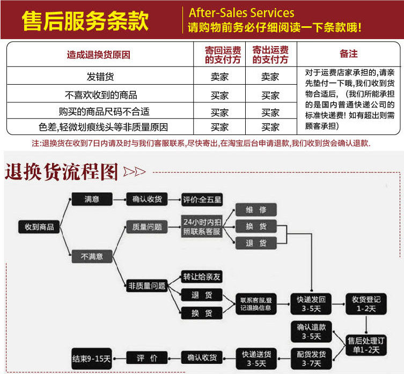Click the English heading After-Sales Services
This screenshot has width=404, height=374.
pyautogui.click(x=241, y=12)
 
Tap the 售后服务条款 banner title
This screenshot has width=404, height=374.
pyautogui.click(x=85, y=20)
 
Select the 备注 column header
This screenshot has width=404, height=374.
pyautogui.click(x=348, y=54)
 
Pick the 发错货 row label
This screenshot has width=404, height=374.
pyautogui.click(x=100, y=77)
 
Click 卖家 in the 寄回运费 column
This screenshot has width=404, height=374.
pyautogui.click(x=219, y=77)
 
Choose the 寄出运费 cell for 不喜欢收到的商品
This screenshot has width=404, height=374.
pyautogui.click(x=270, y=95)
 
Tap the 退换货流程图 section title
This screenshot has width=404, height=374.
pyautogui.click(x=61, y=171)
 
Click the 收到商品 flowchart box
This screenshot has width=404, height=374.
pyautogui.click(x=39, y=227)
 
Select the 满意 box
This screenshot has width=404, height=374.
pyautogui.click(x=92, y=199)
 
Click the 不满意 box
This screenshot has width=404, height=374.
pyautogui.click(x=92, y=257)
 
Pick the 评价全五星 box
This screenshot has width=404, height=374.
pyautogui.click(x=202, y=200)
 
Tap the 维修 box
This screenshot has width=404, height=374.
pyautogui.click(x=256, y=210)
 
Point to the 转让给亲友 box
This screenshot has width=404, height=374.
pyautogui.click(x=202, y=278)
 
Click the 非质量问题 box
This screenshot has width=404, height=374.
pyautogui.click(x=146, y=286)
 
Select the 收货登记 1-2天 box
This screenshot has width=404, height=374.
pyautogui.click(x=366, y=303)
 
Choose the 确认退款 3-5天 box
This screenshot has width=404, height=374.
pyautogui.click(x=311, y=331)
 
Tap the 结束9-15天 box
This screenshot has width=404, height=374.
pyautogui.click(x=91, y=357)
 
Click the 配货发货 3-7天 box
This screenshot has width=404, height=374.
pyautogui.click(x=311, y=357)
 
